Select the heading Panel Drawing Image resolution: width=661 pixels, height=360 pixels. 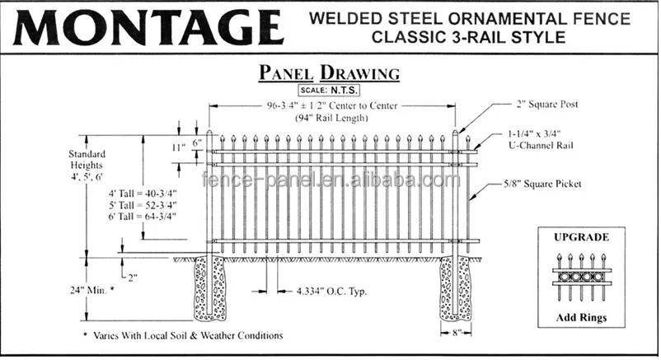pos(330,73)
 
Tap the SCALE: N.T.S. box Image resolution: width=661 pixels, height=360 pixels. pos(330,90)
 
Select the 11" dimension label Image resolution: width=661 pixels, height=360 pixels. pos(178,147)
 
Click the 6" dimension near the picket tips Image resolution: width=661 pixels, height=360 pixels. pos(198,142)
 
